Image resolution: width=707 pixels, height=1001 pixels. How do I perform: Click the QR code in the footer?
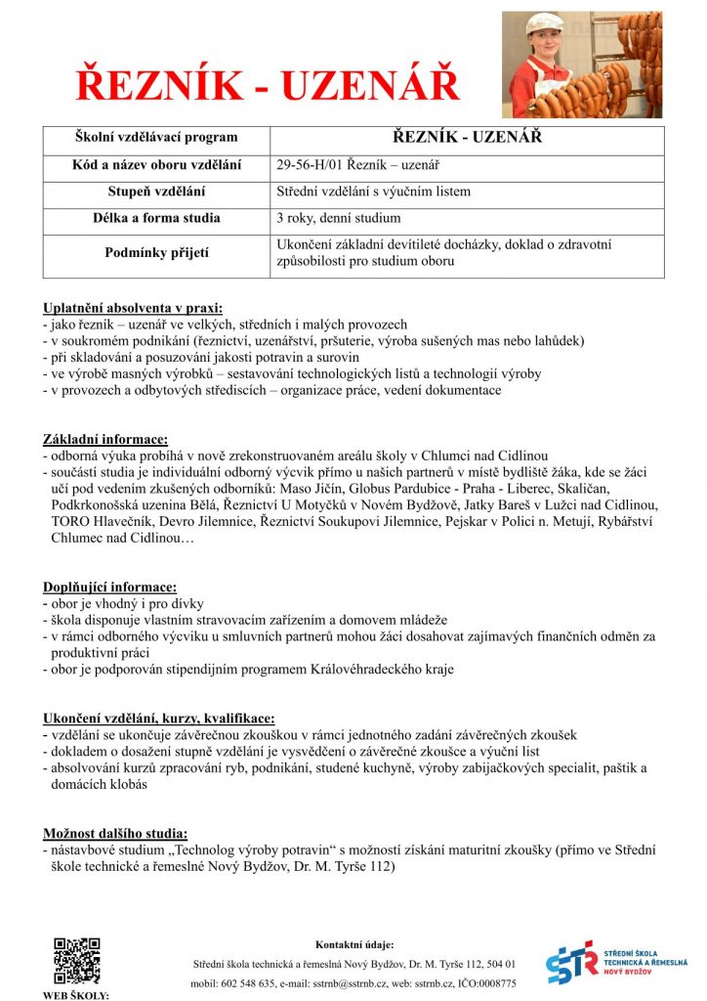[76, 960]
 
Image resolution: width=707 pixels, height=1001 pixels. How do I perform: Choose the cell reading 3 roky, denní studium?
[338, 218]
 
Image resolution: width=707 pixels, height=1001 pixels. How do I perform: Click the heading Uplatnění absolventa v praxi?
[133, 308]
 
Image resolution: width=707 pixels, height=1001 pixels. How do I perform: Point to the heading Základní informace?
[105, 439]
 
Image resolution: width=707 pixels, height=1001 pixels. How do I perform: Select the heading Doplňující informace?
[110, 588]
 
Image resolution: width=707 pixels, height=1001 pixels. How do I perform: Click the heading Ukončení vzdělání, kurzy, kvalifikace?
[159, 718]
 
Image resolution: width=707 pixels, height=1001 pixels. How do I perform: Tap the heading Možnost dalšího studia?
[115, 833]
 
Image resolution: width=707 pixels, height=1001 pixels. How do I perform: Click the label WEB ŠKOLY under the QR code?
[76, 995]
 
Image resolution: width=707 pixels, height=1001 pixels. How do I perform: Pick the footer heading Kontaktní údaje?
[354, 944]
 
